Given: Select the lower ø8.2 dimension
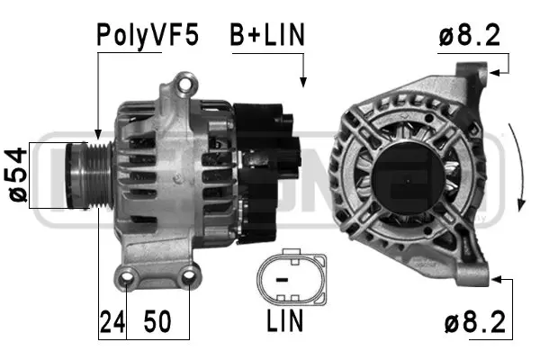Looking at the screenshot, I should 472,320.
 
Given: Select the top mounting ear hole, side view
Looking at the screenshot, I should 187,85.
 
